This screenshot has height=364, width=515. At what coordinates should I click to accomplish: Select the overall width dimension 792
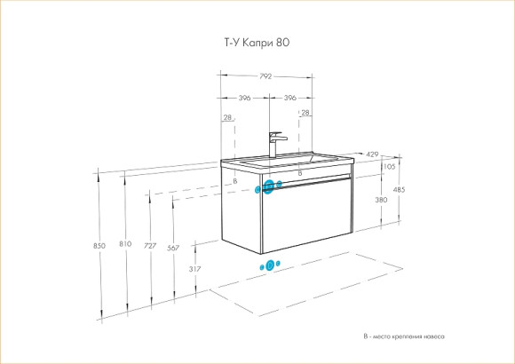click(x=265, y=76)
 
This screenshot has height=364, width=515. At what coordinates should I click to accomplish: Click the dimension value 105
click(x=387, y=167)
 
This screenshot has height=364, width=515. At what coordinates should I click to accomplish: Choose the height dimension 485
click(x=399, y=190)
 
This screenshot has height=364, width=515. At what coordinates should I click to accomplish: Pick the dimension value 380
click(x=381, y=200)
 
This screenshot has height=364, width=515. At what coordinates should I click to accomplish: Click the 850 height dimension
click(x=99, y=245)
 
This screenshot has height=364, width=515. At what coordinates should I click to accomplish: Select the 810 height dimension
click(x=124, y=245)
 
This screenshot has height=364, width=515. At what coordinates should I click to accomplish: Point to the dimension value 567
click(x=173, y=248)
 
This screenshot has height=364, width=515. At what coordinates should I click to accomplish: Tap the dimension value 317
click(x=195, y=269)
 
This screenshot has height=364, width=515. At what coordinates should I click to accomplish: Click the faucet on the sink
click(x=277, y=144)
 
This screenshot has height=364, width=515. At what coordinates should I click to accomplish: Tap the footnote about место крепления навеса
click(x=403, y=337)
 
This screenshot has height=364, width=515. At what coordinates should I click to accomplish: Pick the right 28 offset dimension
click(x=305, y=113)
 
